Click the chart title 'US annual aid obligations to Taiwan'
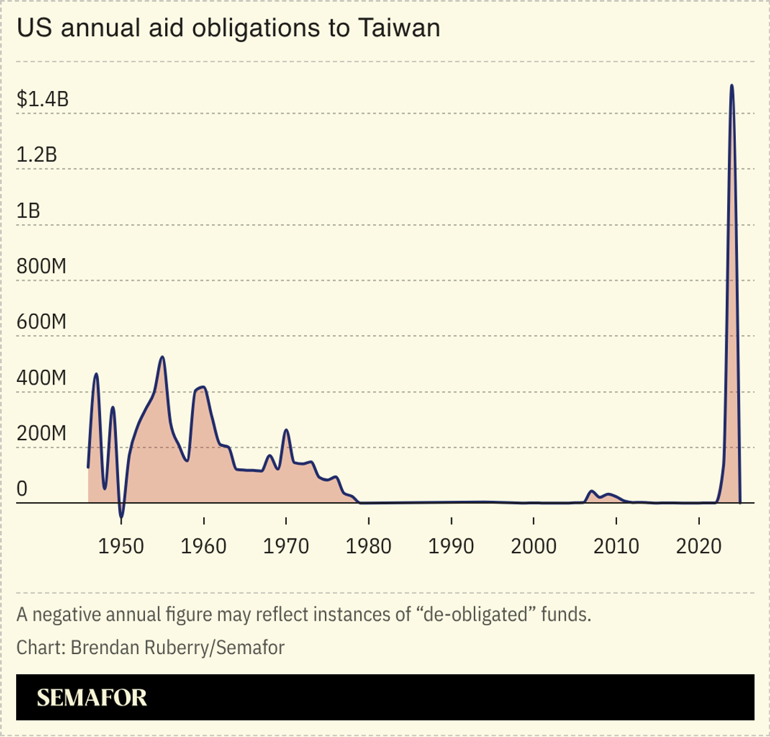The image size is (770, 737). (228, 28)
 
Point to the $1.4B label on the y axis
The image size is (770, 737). (43, 99)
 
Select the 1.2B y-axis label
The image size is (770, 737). (37, 154)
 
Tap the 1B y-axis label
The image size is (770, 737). (28, 211)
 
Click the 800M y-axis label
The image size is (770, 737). (41, 266)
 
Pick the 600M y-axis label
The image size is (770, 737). (41, 322)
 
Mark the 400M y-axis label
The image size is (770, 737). (41, 378)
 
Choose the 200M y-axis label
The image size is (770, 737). (41, 433)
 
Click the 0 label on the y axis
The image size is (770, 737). (22, 489)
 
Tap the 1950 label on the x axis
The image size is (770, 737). (121, 546)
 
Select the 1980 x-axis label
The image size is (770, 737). (368, 546)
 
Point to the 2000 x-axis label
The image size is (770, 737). (533, 546)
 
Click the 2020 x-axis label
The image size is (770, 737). (698, 546)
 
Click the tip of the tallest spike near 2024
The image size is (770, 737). (732, 86)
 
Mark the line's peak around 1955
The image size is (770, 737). (162, 357)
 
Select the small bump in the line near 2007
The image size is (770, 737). (592, 492)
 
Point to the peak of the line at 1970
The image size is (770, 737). (286, 430)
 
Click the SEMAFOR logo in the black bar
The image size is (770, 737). (92, 698)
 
